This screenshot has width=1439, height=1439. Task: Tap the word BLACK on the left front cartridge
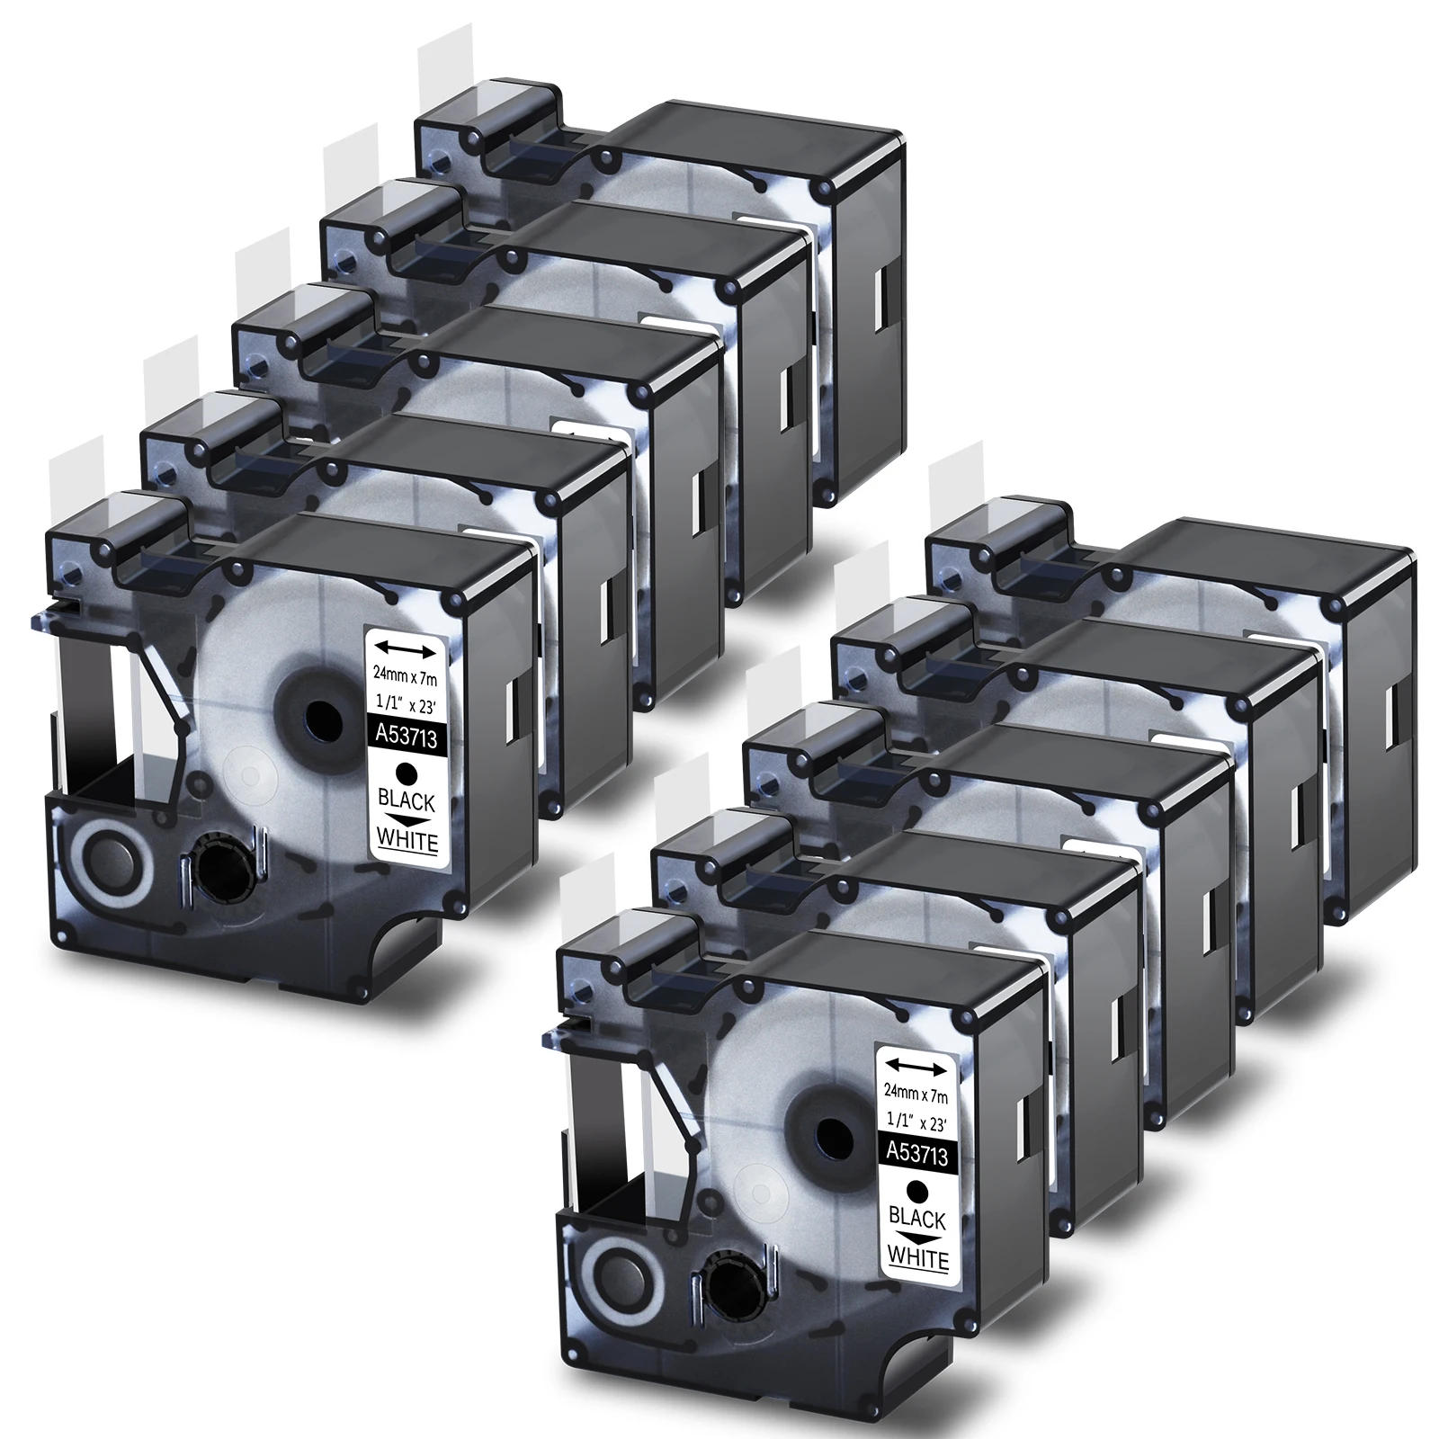pyautogui.click(x=407, y=802)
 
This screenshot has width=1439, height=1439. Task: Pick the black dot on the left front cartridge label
pyautogui.click(x=407, y=773)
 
